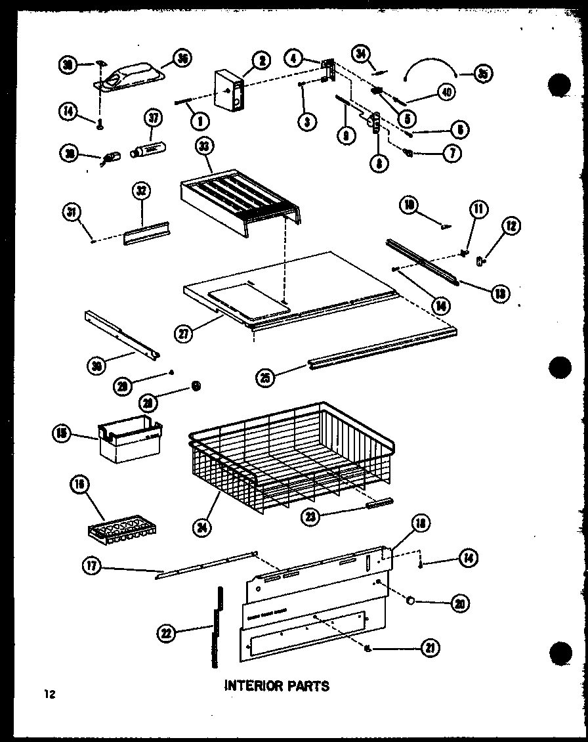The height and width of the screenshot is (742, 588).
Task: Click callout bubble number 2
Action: coord(261,61)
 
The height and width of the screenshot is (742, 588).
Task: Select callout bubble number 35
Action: coord(482,74)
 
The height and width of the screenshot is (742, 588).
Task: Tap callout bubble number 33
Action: coord(203,149)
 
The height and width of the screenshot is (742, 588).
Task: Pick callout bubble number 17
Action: coord(92,565)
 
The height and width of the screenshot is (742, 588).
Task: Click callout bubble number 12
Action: coord(511,228)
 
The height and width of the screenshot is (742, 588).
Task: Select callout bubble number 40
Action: coord(446,93)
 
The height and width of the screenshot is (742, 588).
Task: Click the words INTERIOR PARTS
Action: coord(276,686)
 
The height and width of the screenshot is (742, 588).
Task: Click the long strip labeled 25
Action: coord(381,349)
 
